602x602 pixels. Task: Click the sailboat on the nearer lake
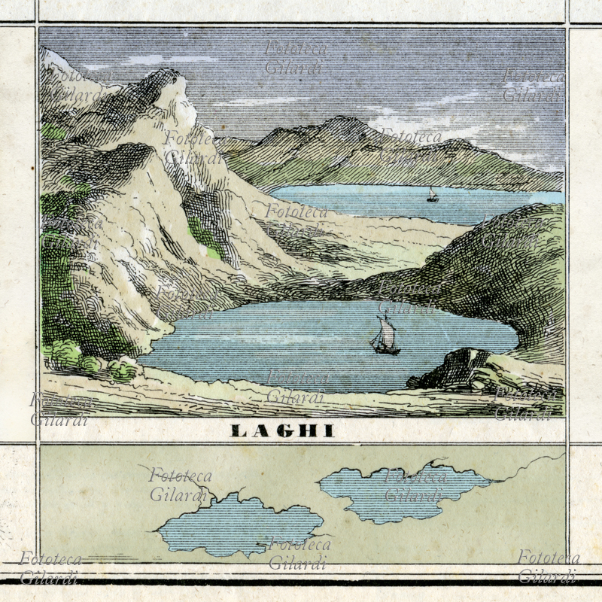[385, 337]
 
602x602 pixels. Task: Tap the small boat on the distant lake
[432, 195]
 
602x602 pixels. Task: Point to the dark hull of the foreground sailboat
[385, 349]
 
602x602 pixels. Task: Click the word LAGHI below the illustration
[282, 431]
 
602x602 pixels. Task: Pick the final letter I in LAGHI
[330, 431]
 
